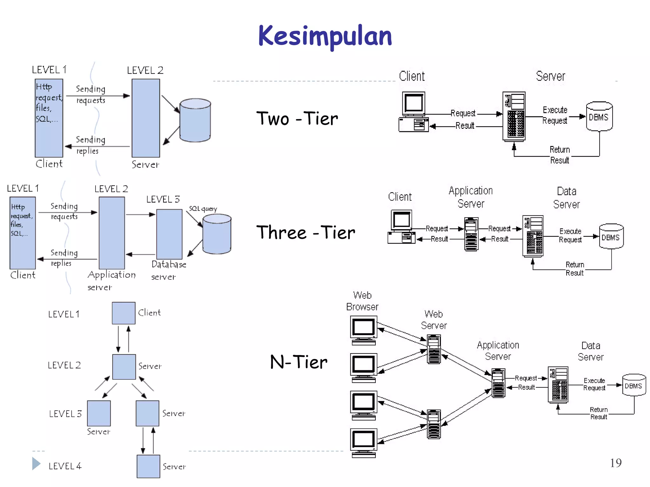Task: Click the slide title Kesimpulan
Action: [325, 36]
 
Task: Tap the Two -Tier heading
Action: [297, 119]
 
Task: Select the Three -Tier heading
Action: [305, 232]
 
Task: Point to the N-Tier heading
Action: [298, 362]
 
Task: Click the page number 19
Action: [615, 463]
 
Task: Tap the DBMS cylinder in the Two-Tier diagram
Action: [599, 117]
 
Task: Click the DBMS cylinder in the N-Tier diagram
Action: [634, 385]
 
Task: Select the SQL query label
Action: [203, 209]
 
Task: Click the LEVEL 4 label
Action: [65, 466]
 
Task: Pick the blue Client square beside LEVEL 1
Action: [123, 313]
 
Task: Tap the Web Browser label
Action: [362, 301]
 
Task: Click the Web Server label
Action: [434, 320]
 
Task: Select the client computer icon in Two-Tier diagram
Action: [414, 112]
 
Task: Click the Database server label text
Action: [168, 270]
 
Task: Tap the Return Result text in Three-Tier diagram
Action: [574, 269]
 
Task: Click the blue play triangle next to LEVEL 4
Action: [36, 464]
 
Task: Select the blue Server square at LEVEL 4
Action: [148, 466]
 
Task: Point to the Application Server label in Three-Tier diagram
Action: [471, 197]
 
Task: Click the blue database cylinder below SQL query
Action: [217, 234]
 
